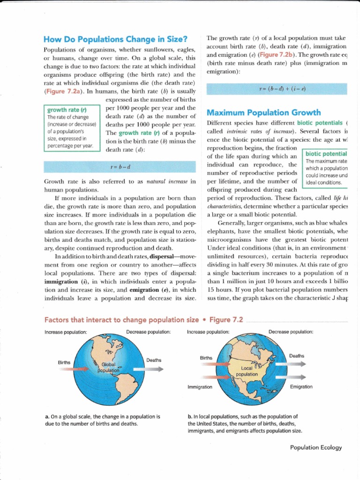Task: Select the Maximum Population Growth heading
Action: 264,112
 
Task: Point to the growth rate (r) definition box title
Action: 63,110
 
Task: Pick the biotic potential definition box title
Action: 326,154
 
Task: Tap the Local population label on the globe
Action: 247,371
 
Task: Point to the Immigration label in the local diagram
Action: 199,387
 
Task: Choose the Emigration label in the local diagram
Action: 301,387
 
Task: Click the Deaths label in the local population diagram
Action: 296,356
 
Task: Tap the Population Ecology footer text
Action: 316,448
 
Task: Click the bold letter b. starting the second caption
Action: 190,416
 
